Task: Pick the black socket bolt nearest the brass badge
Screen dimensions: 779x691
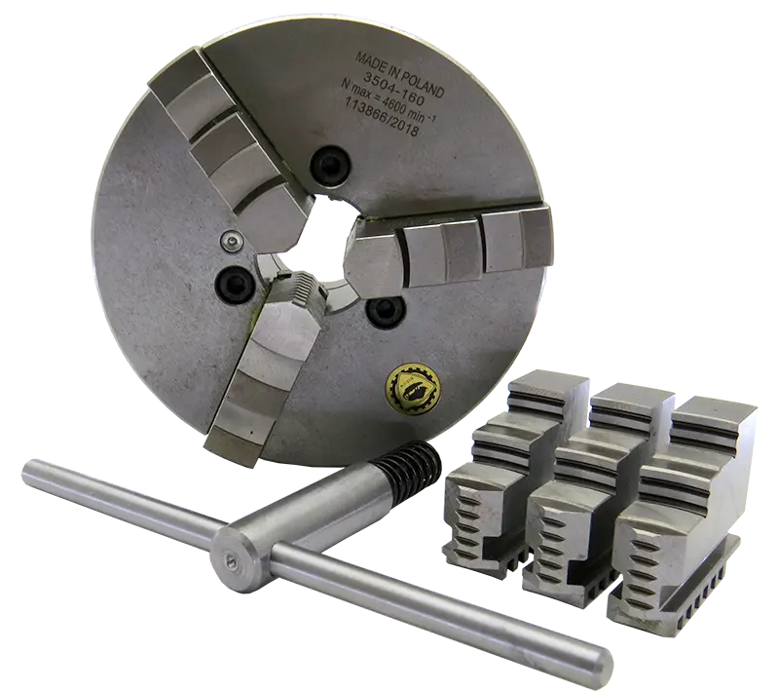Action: [x=383, y=311]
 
